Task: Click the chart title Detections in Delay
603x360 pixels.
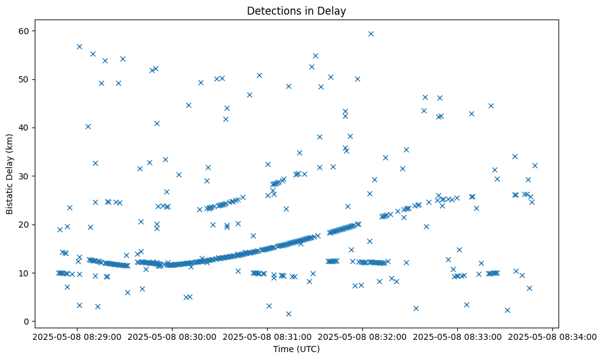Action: tap(296, 10)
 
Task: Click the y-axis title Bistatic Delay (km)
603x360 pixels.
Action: tap(10, 173)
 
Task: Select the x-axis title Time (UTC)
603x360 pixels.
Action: tap(296, 349)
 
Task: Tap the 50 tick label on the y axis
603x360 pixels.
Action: tap(27, 79)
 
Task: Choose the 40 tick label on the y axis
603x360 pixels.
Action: tap(27, 128)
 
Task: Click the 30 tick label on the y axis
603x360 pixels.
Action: tap(27, 176)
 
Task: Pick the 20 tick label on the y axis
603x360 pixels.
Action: tap(27, 225)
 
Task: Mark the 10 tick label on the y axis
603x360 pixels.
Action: tap(27, 273)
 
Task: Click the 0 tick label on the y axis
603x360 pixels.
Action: tap(30, 322)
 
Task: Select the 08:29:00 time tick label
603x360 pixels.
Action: tap(77, 336)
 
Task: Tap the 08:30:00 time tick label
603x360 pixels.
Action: tap(172, 336)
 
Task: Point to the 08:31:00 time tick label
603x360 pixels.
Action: tap(267, 336)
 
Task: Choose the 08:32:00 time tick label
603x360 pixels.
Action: tap(363, 336)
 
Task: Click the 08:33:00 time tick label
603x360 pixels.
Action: tap(458, 336)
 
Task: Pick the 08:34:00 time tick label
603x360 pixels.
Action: tap(553, 336)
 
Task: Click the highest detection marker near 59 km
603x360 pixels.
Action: tap(371, 34)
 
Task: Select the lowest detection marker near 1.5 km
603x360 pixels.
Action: tap(288, 314)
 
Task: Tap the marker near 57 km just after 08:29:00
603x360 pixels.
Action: tap(79, 46)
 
